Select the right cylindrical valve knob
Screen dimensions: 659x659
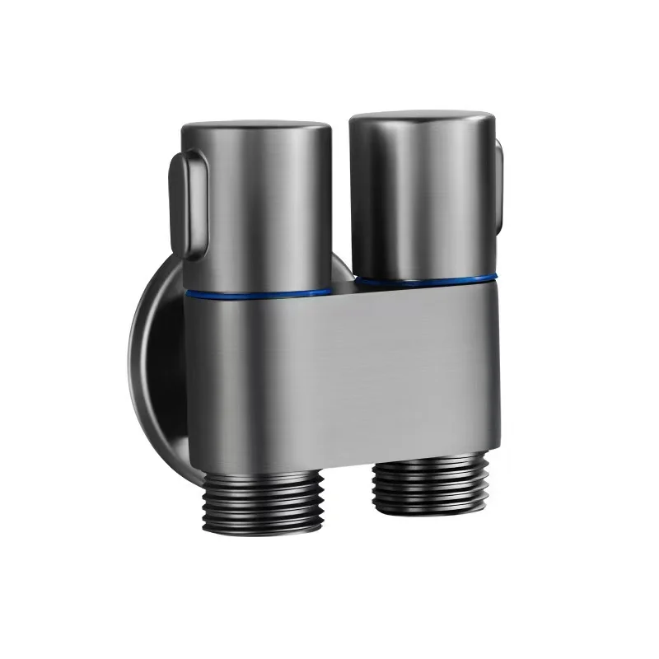click(x=422, y=198)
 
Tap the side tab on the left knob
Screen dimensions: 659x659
click(x=183, y=198)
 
